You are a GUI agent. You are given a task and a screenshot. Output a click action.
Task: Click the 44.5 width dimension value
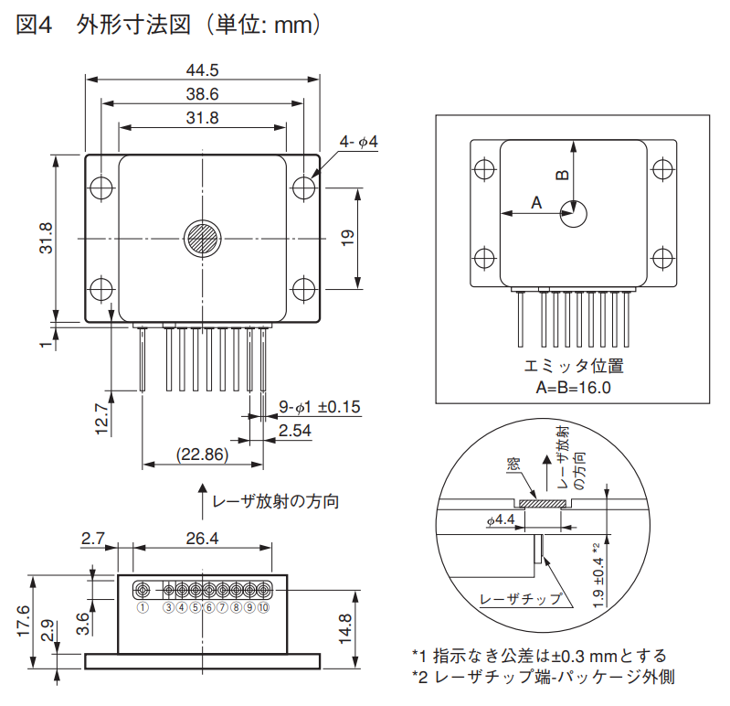click(202, 70)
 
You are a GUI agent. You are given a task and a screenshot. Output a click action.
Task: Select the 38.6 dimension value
click(202, 94)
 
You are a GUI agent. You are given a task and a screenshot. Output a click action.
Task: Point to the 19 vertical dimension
click(347, 239)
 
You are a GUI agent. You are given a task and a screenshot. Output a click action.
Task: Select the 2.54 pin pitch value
click(296, 431)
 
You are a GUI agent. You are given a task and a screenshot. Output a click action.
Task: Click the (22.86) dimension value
click(202, 455)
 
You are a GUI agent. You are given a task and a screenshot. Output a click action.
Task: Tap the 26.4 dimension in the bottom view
click(202, 539)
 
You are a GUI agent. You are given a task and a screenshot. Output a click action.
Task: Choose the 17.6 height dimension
click(24, 622)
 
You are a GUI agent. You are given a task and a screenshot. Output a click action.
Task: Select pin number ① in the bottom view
click(143, 607)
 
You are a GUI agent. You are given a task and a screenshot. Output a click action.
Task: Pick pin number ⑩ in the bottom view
click(263, 607)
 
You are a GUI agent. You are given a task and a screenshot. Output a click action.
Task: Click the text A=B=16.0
click(573, 387)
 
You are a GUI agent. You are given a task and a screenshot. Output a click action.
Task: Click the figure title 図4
click(35, 27)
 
